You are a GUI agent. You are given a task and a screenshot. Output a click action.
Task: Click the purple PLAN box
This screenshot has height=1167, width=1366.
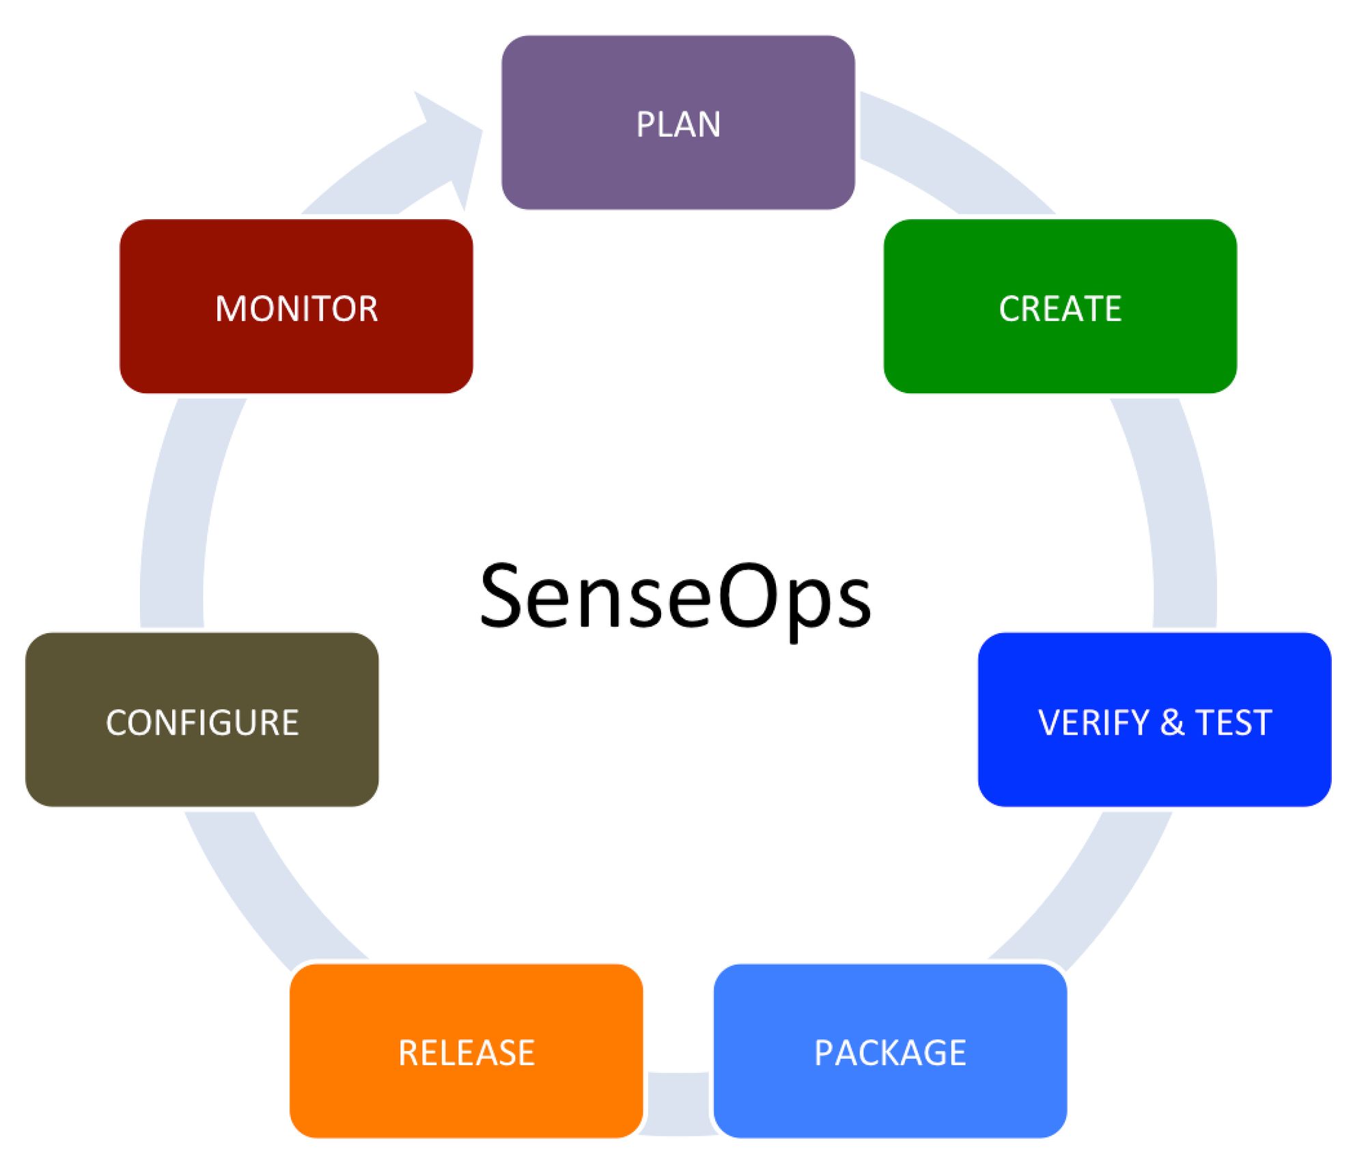pos(678,123)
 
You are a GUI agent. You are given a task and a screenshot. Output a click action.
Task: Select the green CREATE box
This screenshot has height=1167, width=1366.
pos(1059,307)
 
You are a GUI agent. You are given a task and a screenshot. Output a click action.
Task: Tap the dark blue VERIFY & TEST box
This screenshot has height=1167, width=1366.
pos(1154,720)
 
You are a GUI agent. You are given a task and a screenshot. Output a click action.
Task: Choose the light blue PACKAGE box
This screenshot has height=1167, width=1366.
pos(889,1051)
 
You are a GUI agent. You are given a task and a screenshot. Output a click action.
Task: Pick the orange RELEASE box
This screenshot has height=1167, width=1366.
pos(466,1051)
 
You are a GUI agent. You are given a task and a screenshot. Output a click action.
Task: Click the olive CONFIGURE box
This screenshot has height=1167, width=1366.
pos(202,720)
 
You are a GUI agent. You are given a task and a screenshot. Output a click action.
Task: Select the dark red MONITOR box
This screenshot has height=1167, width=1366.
pos(296,307)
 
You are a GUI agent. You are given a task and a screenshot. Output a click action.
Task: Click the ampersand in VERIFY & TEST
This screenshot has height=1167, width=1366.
pos(1172,722)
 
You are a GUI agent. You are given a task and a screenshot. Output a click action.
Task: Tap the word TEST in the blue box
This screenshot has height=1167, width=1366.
pos(1233,722)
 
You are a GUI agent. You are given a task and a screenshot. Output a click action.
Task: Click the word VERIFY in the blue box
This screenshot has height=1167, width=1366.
pos(1093,722)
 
